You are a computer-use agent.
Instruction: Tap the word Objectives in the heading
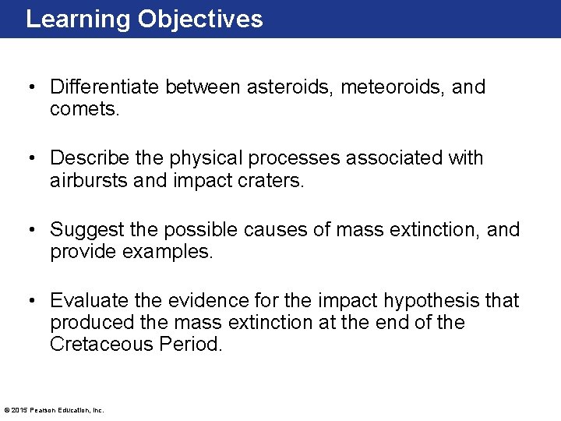tap(200, 19)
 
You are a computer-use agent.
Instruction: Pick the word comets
tap(85, 109)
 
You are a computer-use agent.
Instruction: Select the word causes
tap(302, 230)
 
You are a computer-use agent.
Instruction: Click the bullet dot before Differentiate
tap(32, 87)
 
